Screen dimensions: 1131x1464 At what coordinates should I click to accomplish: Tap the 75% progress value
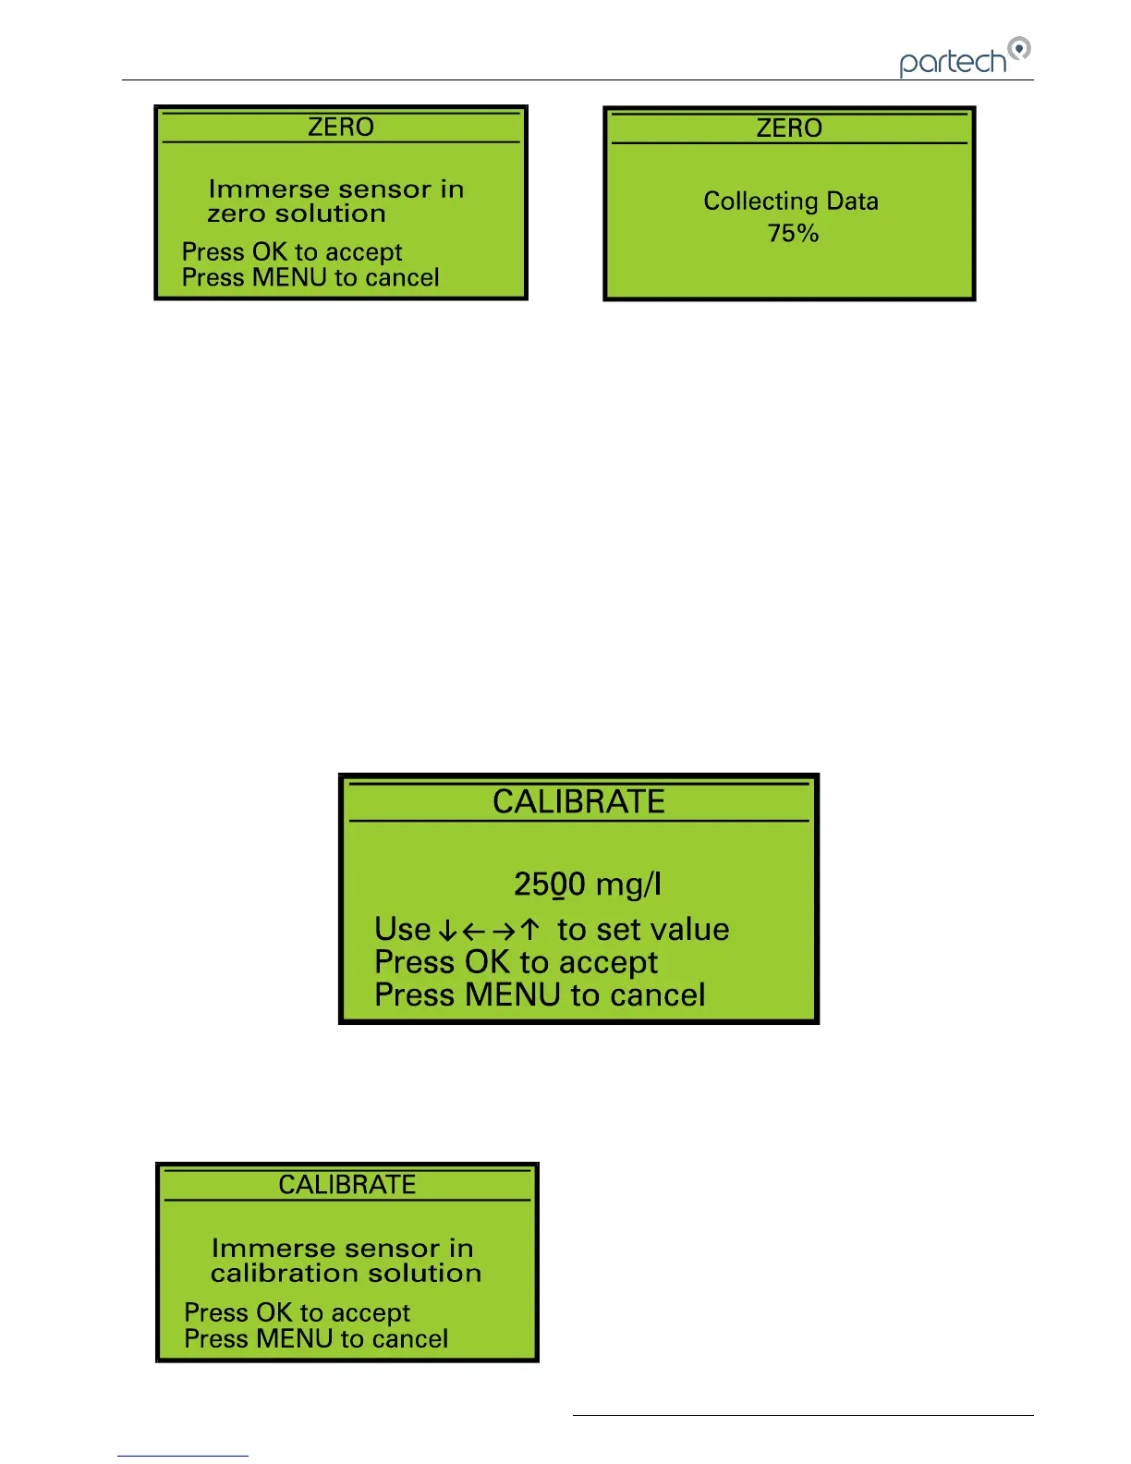click(793, 233)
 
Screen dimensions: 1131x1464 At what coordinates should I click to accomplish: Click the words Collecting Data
click(790, 201)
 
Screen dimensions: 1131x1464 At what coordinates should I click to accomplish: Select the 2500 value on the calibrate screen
click(549, 884)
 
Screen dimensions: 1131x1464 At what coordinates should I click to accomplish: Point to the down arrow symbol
click(447, 930)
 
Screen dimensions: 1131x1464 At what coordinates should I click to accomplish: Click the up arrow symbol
click(529, 930)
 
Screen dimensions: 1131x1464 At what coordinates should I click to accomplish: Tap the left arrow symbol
click(474, 930)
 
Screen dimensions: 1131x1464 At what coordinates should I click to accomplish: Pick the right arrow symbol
click(503, 930)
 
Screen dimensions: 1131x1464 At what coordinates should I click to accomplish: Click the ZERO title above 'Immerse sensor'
click(340, 127)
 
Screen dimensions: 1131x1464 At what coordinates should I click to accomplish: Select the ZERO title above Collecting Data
click(789, 128)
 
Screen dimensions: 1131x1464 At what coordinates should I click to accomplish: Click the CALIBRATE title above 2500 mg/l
click(578, 801)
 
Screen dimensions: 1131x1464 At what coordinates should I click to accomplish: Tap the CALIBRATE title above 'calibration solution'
click(347, 1184)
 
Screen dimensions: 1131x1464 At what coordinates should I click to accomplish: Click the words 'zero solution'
click(297, 213)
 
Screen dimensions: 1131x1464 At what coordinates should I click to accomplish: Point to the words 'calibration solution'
click(346, 1273)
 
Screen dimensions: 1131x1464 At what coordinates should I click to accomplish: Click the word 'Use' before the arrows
click(402, 929)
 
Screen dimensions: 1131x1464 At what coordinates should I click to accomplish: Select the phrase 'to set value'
click(643, 929)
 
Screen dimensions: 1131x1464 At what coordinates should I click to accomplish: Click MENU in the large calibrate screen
click(513, 994)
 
